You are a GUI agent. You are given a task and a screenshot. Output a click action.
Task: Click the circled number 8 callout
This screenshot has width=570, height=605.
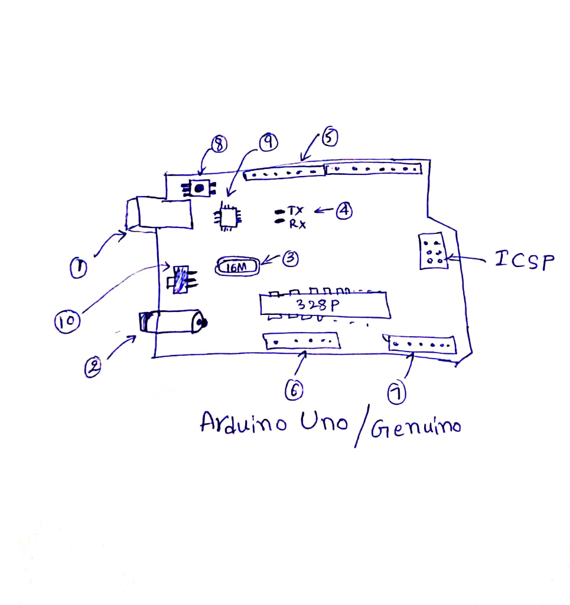219,144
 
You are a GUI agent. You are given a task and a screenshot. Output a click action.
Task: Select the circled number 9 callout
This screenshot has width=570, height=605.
268,141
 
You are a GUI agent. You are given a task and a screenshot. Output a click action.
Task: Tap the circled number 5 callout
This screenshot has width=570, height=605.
329,138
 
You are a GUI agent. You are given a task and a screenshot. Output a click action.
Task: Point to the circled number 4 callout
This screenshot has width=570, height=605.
344,210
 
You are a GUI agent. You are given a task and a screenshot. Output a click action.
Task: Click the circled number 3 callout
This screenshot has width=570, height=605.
289,259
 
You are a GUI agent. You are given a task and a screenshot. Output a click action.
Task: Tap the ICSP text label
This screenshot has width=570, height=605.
525,260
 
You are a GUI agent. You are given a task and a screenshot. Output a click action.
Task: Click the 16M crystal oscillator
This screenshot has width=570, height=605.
238,268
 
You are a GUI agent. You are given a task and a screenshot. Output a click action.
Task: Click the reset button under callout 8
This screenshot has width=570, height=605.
199,188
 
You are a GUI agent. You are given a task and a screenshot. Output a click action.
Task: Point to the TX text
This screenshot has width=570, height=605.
295,211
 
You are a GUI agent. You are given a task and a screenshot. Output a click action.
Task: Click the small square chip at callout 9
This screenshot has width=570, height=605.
227,217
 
